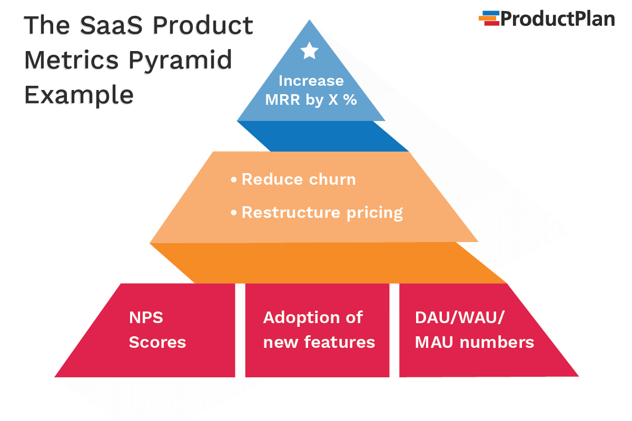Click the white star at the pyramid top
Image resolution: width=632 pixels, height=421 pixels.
click(309, 51)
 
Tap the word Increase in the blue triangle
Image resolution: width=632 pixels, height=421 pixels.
click(311, 81)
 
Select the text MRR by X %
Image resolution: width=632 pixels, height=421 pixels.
click(311, 100)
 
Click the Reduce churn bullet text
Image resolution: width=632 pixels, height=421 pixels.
click(298, 179)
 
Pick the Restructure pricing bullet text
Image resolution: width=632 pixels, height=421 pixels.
click(322, 213)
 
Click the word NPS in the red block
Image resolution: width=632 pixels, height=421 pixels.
click(146, 318)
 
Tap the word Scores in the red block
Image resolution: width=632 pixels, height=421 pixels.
click(157, 343)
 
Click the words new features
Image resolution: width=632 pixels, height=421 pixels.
click(319, 343)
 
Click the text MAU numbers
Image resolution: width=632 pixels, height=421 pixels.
click(475, 343)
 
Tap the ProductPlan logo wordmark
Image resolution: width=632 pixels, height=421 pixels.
click(557, 18)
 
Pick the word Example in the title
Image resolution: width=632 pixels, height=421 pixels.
click(79, 95)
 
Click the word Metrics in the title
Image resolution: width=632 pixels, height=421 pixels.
click(72, 61)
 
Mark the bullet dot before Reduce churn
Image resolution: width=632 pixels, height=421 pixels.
click(234, 180)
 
